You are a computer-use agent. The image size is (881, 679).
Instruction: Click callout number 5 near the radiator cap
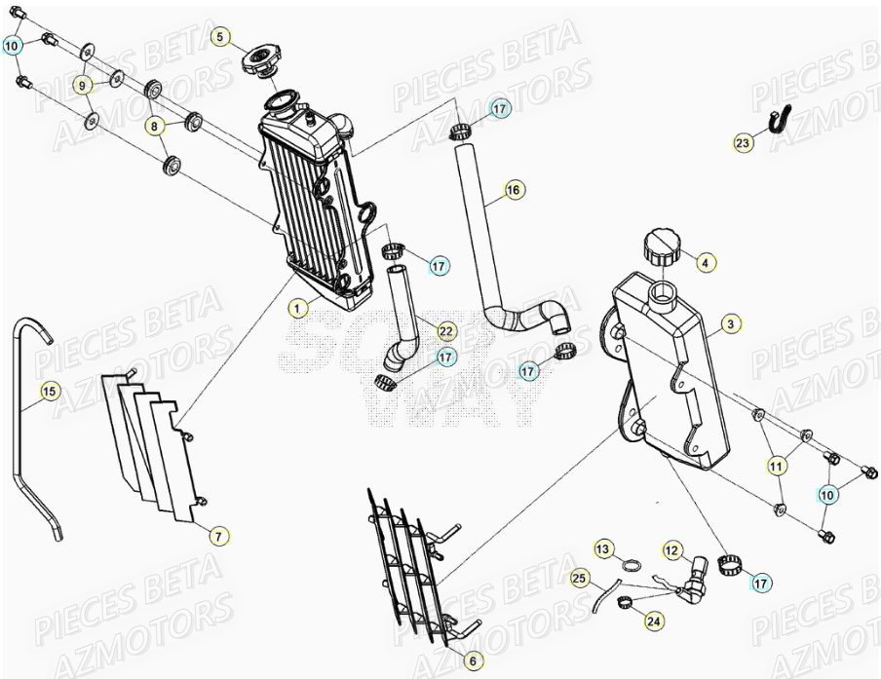220,38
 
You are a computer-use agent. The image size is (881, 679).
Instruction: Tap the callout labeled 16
514,190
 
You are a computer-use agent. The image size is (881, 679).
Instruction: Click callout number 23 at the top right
744,143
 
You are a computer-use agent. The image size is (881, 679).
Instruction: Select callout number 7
219,536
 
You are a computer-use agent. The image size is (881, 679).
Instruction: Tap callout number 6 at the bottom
472,660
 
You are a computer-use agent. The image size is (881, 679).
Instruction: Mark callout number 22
445,331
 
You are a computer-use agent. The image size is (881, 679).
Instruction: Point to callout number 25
579,580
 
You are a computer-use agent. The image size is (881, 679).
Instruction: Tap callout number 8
153,125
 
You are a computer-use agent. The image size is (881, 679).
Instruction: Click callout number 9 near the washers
83,86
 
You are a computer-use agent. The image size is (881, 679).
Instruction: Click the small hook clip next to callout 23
779,120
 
